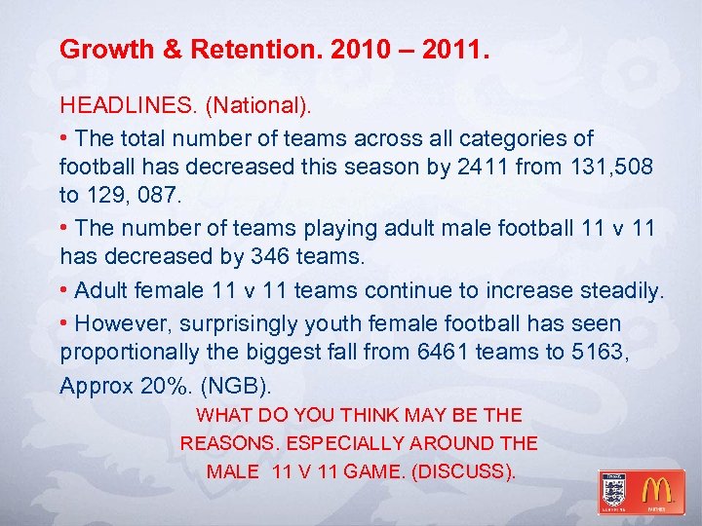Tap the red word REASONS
tap(230, 443)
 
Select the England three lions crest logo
tap(614, 489)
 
